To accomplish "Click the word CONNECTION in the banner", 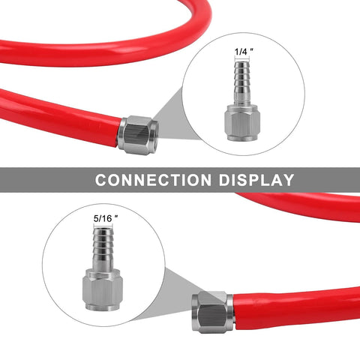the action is click(153, 180).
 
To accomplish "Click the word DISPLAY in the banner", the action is click(256, 180).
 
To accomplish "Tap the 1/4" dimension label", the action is click(244, 51).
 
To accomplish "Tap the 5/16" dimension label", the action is click(106, 218).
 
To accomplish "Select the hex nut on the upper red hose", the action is click(138, 135).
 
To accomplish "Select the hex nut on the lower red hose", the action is click(213, 312).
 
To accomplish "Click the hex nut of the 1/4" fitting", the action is click(242, 122).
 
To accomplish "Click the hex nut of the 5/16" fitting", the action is click(103, 289).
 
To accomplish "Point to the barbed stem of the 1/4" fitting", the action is click(242, 83).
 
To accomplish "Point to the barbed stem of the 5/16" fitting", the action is click(103, 248).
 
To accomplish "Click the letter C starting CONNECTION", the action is click(100, 180).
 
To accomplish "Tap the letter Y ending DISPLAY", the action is click(288, 180).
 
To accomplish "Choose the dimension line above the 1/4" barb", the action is click(241, 58).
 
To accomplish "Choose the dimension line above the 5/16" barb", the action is click(103, 225).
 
